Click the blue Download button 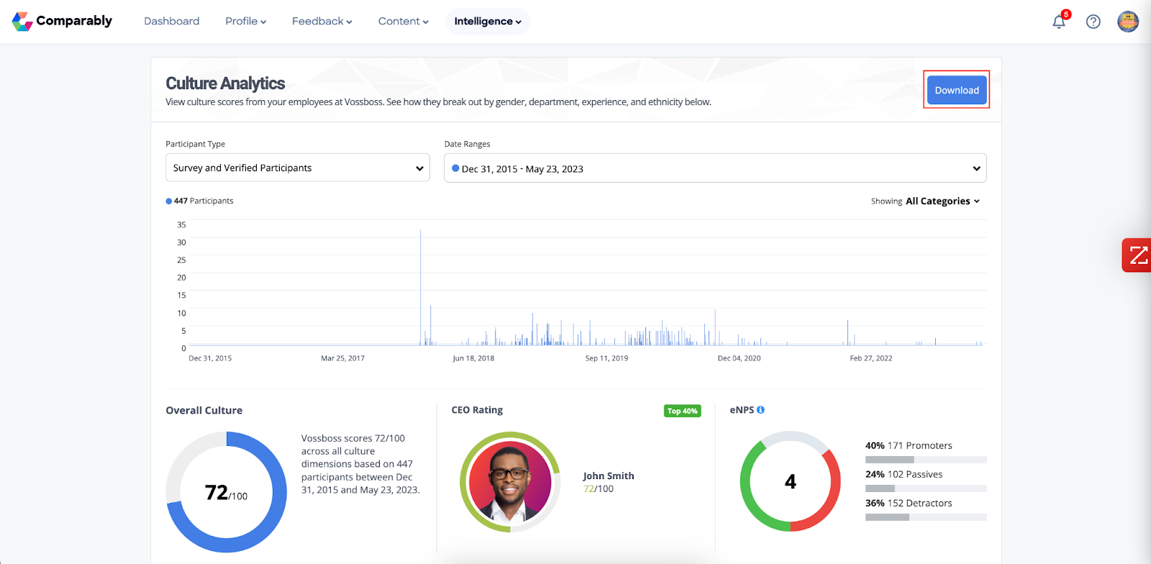click(956, 90)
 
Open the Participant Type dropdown click(297, 168)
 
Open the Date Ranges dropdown click(715, 168)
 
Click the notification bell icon click(1059, 22)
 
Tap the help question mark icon click(1093, 22)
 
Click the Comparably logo click(63, 21)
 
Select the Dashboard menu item click(171, 21)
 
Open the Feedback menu click(322, 21)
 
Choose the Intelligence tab click(488, 21)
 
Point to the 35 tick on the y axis click(181, 224)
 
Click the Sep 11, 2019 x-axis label click(606, 358)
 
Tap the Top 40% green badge click(682, 411)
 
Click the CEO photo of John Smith click(509, 481)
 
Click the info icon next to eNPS click(760, 410)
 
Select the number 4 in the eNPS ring click(790, 481)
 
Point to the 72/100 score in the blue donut click(226, 493)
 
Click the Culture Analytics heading click(225, 83)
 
